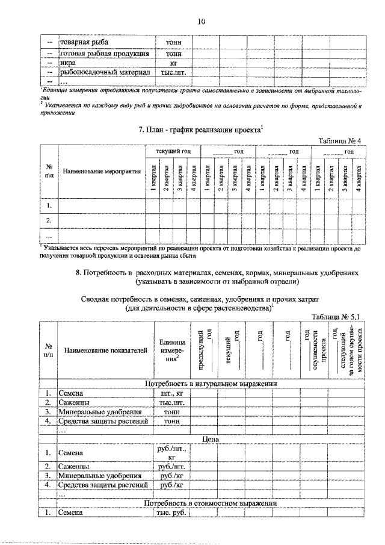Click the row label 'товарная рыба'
[83, 43]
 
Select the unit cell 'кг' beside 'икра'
[173, 62]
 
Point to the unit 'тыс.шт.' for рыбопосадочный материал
[173, 72]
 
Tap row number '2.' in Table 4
[48, 220]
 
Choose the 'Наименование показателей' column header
[105, 350]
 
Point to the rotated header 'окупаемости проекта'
[313, 350]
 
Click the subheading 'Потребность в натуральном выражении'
[210, 384]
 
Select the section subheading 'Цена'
[210, 440]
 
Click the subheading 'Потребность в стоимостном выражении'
[210, 503]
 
